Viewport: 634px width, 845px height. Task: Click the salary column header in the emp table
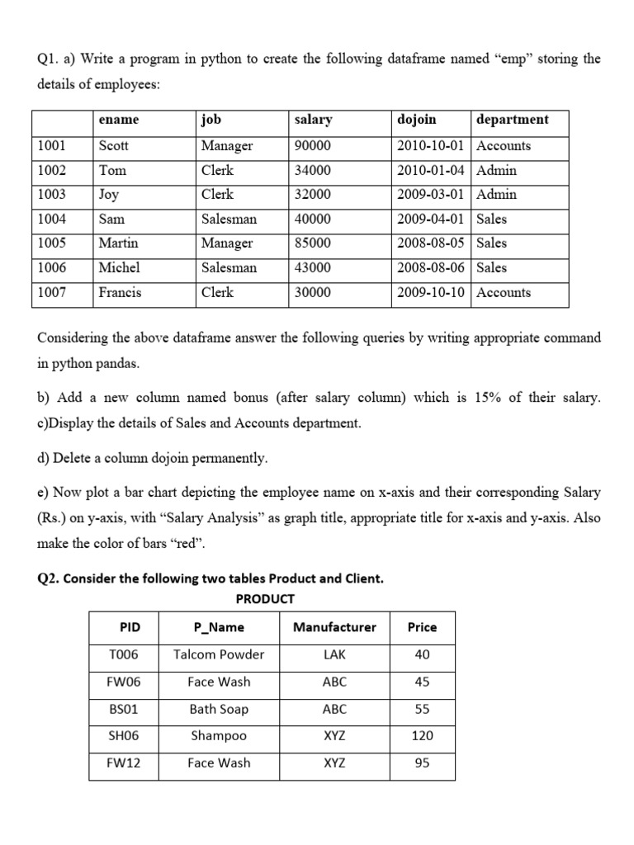313,120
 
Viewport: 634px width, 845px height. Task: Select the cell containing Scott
114,146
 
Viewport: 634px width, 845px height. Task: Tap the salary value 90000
312,146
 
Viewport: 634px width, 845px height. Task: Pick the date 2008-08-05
429,243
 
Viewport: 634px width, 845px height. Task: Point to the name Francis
120,292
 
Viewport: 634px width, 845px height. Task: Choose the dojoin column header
417,120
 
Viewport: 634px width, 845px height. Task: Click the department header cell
512,120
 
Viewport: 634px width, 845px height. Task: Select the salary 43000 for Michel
312,268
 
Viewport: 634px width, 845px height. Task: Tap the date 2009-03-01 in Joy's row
429,195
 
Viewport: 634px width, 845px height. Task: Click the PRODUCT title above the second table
265,599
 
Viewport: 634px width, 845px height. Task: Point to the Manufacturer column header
334,627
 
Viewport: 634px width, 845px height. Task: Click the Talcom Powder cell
219,654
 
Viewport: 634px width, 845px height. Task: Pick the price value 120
422,736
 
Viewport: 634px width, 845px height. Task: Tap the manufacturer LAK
334,654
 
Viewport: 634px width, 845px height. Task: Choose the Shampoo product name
219,736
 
